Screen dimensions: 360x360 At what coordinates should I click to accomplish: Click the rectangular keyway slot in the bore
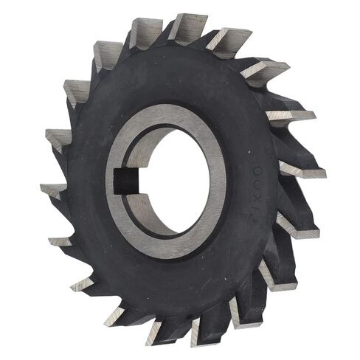pos(124,179)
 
